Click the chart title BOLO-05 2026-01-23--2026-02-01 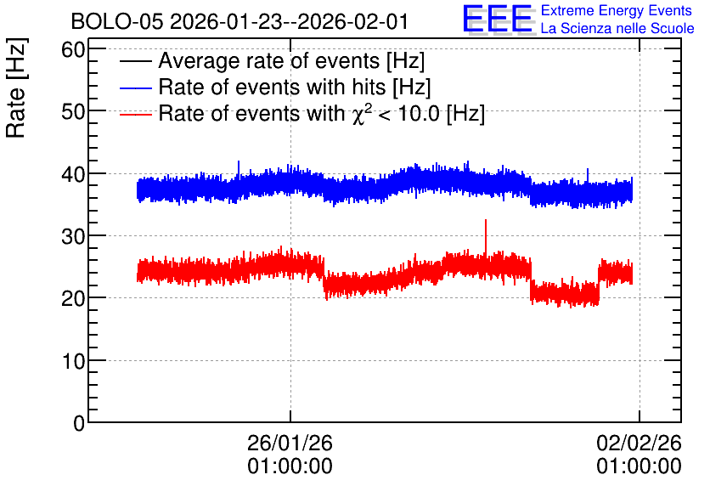[x=240, y=22]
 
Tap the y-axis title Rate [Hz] [x=16, y=88]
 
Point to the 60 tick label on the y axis [x=73, y=49]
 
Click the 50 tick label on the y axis [x=73, y=111]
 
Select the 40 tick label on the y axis [x=73, y=174]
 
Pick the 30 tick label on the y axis [x=73, y=236]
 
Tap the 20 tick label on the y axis [x=73, y=298]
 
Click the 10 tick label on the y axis [x=73, y=361]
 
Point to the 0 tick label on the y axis [x=79, y=423]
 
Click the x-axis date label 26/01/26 [x=290, y=443]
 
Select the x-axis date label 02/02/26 [x=639, y=443]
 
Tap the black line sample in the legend [x=136, y=61]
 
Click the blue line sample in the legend [x=136, y=88]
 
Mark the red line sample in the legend [x=136, y=114]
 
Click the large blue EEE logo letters [x=498, y=19]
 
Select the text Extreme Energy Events [x=617, y=10]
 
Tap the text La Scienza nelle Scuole [x=617, y=28]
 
